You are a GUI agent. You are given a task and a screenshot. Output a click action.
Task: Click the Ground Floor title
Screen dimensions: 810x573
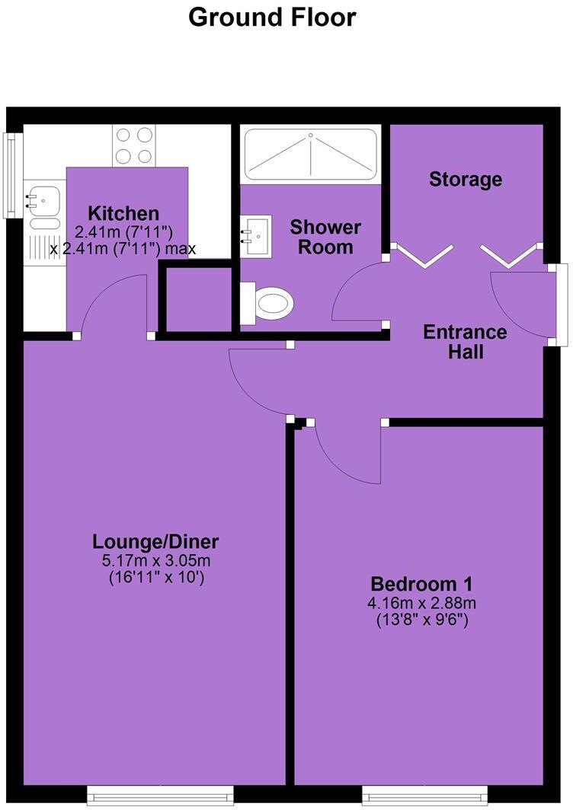tap(272, 17)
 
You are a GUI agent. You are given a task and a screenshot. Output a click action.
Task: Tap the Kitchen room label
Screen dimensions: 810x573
tap(123, 213)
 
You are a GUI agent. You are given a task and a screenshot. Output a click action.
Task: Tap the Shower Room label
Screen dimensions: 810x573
tap(325, 237)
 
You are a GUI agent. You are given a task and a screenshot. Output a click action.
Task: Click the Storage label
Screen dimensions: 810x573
tap(466, 180)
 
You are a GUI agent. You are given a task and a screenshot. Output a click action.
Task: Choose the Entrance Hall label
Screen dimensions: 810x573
tap(465, 342)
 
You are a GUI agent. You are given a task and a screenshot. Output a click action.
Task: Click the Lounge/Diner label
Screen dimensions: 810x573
tap(155, 542)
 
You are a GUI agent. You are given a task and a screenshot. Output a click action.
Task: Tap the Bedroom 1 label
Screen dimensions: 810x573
tap(421, 584)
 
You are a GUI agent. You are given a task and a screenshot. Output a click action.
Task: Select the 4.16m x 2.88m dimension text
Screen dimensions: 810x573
tap(421, 604)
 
